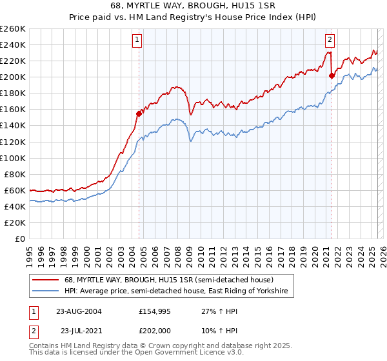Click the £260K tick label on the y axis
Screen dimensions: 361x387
(x=13, y=29)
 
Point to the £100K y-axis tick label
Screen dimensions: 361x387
(x=13, y=158)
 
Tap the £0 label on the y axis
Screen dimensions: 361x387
(x=21, y=239)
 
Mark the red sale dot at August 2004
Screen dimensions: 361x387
(x=139, y=113)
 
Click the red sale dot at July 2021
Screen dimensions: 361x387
(x=332, y=75)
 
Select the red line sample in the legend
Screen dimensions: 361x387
(x=46, y=280)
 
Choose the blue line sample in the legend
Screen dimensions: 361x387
(x=46, y=291)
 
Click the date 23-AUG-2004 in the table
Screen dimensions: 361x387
(x=79, y=311)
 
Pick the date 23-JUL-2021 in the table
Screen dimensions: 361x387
(x=79, y=330)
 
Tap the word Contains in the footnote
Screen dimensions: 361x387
(x=45, y=346)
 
